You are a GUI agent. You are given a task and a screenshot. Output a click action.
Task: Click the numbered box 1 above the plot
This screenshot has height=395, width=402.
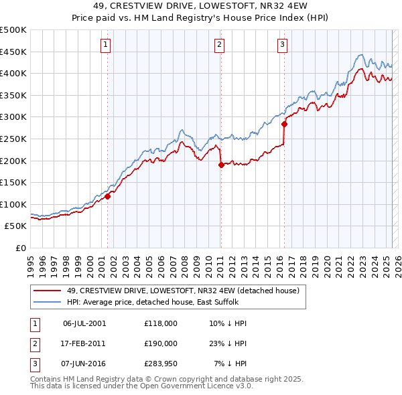click(107, 45)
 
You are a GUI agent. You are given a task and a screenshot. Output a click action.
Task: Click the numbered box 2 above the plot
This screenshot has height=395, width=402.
click(219, 45)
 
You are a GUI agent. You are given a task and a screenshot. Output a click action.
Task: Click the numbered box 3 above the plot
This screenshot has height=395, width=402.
click(282, 45)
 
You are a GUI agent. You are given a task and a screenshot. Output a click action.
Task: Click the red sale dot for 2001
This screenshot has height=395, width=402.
click(107, 196)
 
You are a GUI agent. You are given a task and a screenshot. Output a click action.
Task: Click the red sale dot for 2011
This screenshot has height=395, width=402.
click(221, 165)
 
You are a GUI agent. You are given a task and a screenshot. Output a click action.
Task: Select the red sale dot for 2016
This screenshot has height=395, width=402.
click(284, 124)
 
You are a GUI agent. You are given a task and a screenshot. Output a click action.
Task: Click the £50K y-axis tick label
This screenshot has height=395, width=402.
click(16, 226)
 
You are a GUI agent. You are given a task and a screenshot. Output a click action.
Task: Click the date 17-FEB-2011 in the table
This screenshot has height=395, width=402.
click(84, 343)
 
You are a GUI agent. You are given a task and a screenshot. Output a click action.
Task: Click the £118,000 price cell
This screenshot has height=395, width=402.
click(161, 323)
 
